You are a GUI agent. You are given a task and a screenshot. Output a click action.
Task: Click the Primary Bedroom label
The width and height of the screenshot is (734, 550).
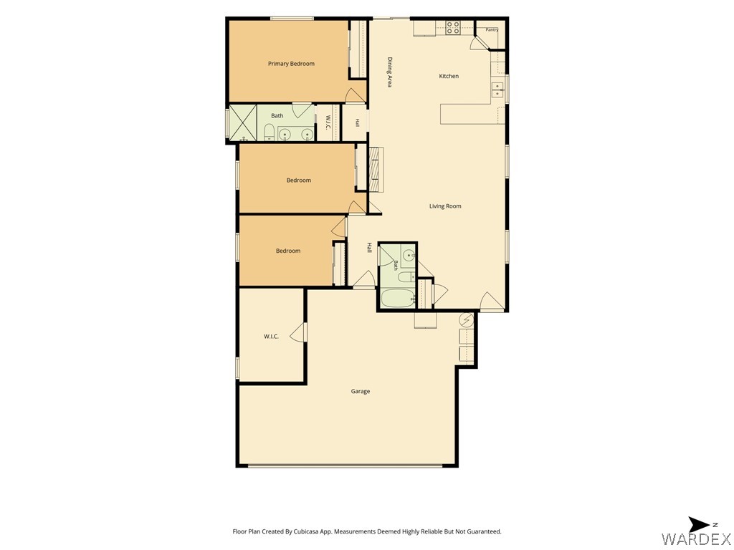pyautogui.click(x=291, y=64)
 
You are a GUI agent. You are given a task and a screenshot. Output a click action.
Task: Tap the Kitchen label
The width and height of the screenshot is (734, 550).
pyautogui.click(x=449, y=76)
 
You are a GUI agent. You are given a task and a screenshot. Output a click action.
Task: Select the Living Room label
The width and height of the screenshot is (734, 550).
pyautogui.click(x=445, y=206)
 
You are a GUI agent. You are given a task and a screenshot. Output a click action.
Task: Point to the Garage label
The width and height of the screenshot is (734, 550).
pyautogui.click(x=361, y=391)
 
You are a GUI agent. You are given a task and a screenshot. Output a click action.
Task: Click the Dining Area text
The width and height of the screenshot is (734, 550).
pyautogui.click(x=389, y=72)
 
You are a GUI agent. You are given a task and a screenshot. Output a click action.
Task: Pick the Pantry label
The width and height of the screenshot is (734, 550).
pyautogui.click(x=492, y=29)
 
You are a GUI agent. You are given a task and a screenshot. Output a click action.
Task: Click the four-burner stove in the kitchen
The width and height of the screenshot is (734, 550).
pyautogui.click(x=453, y=28)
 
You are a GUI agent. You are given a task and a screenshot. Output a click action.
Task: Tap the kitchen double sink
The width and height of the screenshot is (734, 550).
pyautogui.click(x=497, y=90)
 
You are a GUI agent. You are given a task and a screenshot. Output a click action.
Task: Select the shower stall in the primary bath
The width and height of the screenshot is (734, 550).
pyautogui.click(x=242, y=122)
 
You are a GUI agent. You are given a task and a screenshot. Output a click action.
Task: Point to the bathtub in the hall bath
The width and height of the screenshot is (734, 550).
pyautogui.click(x=398, y=299)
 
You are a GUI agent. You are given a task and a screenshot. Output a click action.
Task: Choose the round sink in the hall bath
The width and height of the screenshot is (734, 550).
pyautogui.click(x=409, y=256)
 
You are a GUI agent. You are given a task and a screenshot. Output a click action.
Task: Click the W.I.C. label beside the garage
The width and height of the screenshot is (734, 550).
pyautogui.click(x=271, y=337)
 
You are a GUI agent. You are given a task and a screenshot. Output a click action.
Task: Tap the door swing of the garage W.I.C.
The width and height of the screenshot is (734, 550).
pyautogui.click(x=297, y=332)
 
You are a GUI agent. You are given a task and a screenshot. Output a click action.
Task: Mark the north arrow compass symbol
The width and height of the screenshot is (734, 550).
pyautogui.click(x=700, y=525)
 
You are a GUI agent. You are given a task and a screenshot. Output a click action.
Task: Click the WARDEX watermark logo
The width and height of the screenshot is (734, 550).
pyautogui.click(x=696, y=539)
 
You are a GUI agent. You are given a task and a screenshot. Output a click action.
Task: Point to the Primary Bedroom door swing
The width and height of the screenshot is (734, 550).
pyautogui.click(x=354, y=95)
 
